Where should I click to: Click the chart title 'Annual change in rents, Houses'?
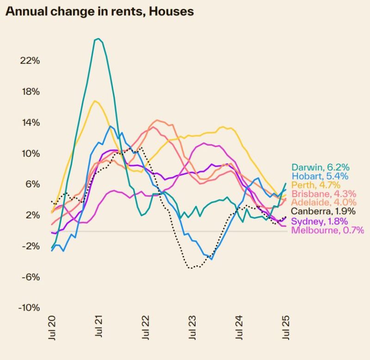99,12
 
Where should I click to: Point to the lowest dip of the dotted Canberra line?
191,268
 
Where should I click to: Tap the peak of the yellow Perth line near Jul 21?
95,100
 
